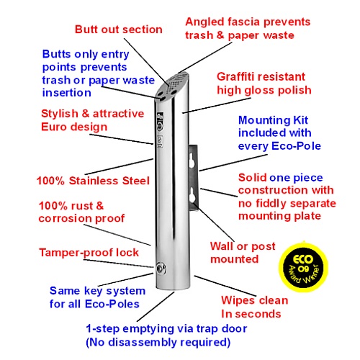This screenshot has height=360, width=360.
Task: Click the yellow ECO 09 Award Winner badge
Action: (303, 267)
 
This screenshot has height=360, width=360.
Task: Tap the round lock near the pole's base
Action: (160, 269)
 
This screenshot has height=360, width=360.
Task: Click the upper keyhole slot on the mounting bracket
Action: (192, 160)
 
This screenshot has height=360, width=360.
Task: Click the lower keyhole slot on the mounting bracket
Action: (193, 194)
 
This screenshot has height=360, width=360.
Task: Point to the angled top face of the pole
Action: (172, 86)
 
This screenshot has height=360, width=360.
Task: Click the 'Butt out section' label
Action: (119, 30)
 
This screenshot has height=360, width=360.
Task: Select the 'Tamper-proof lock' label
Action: (89, 253)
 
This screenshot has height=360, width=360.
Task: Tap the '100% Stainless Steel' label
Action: (93, 181)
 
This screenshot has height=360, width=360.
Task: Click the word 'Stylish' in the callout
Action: (60, 114)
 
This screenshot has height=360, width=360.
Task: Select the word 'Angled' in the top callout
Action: (204, 22)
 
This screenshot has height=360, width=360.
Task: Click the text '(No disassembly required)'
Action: (158, 342)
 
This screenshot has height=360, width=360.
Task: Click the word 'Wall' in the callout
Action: (222, 246)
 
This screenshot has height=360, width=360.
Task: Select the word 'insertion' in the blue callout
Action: (67, 93)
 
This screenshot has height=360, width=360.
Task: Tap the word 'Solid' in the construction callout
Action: (253, 178)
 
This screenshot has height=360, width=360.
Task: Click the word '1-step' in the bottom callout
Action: (104, 329)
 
